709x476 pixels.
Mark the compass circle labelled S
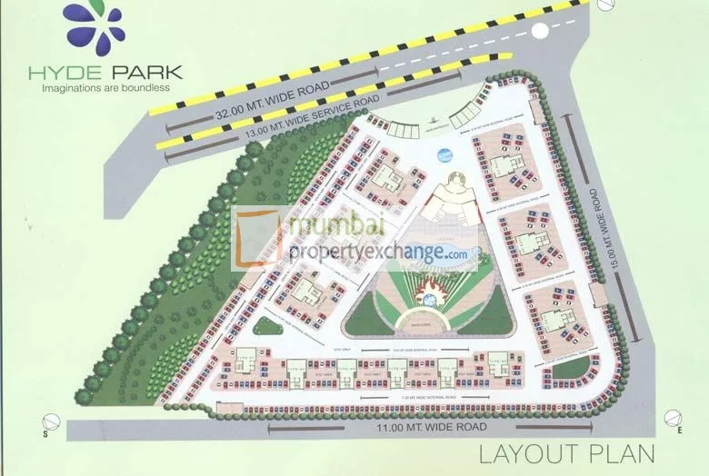(52, 424)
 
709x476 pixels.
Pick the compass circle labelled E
(673, 419)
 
